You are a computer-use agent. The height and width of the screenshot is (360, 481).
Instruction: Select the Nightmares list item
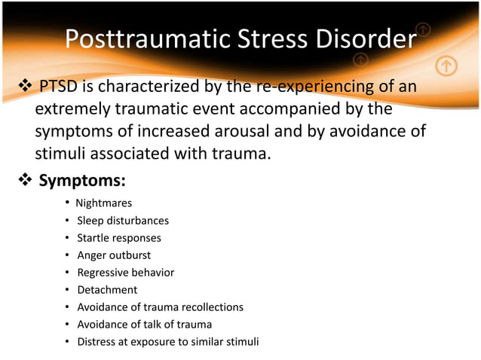(x=104, y=203)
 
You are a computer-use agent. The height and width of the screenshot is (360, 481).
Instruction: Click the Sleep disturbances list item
(x=122, y=221)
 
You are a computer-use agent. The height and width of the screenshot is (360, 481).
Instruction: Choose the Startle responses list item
(x=118, y=238)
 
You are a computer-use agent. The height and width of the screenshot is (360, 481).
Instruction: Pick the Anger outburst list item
(x=114, y=255)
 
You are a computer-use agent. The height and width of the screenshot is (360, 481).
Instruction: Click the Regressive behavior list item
(x=125, y=273)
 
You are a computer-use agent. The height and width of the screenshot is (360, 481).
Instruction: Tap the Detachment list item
(x=107, y=290)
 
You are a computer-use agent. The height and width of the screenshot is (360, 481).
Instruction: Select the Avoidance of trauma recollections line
(x=160, y=307)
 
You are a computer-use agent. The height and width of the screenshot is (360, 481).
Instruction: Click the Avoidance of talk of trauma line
(x=144, y=325)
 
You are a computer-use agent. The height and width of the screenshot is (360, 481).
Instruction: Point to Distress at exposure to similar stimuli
(x=167, y=342)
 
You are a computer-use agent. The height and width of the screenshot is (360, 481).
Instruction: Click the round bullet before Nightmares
(x=68, y=203)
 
